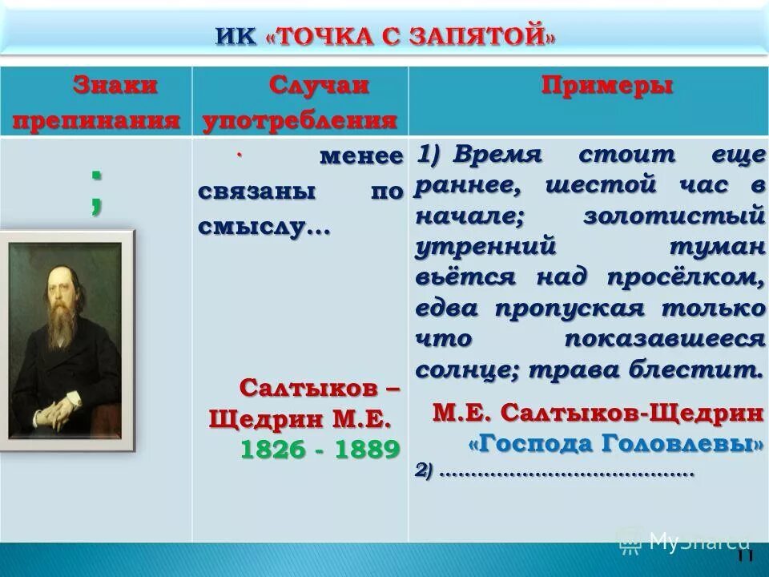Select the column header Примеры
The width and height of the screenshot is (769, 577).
click(x=606, y=86)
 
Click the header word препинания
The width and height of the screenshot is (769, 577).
click(x=95, y=120)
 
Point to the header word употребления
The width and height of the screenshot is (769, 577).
click(x=300, y=120)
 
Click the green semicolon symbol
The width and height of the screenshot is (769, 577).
click(x=96, y=192)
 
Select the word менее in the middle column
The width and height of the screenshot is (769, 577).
click(x=360, y=155)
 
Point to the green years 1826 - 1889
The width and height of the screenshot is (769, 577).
click(x=320, y=449)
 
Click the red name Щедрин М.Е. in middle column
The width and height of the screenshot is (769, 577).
click(x=300, y=419)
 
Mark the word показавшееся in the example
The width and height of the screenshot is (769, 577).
click(x=664, y=338)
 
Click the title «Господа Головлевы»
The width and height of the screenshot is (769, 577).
click(x=615, y=443)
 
